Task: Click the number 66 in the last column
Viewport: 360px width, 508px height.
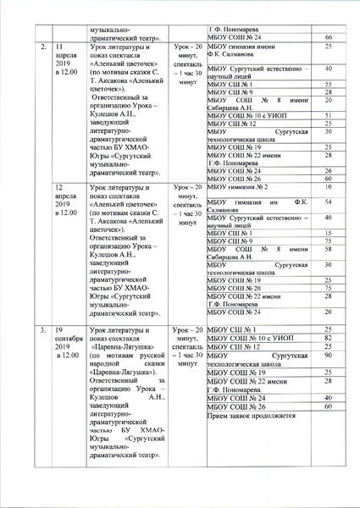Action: tap(328, 38)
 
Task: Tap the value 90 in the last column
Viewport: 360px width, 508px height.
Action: tap(328, 357)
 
